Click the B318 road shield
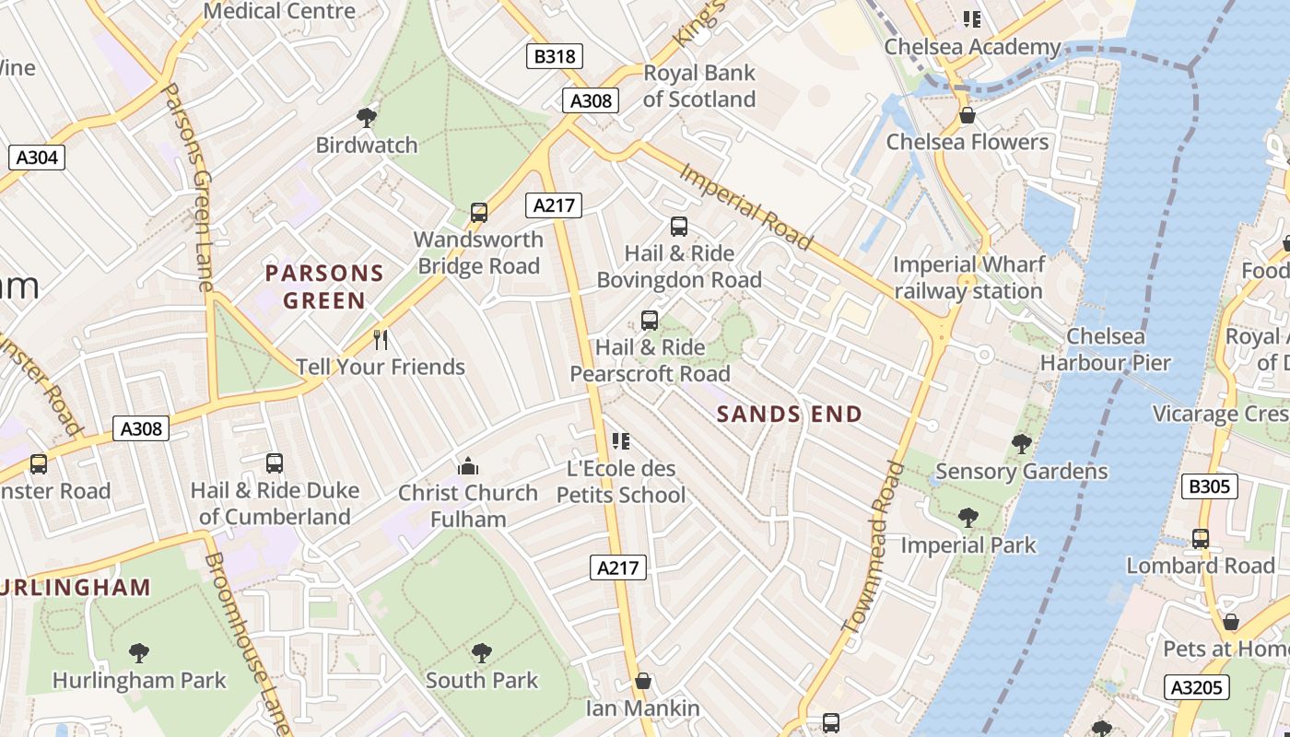(555, 56)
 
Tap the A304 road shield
(37, 158)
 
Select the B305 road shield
(1209, 486)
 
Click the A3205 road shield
(1198, 687)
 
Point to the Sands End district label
(789, 415)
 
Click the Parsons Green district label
(324, 287)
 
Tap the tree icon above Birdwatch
(367, 118)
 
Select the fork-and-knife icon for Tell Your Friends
(381, 340)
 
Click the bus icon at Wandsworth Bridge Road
(478, 213)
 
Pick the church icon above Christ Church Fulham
(468, 466)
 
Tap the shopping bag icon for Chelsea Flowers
(967, 115)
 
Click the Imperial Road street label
(746, 207)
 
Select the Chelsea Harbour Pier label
(1106, 350)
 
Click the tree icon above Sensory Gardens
(1021, 444)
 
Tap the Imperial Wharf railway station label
(968, 278)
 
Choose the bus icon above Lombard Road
(1200, 539)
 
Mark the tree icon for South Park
(481, 654)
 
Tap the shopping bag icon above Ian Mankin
(643, 682)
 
